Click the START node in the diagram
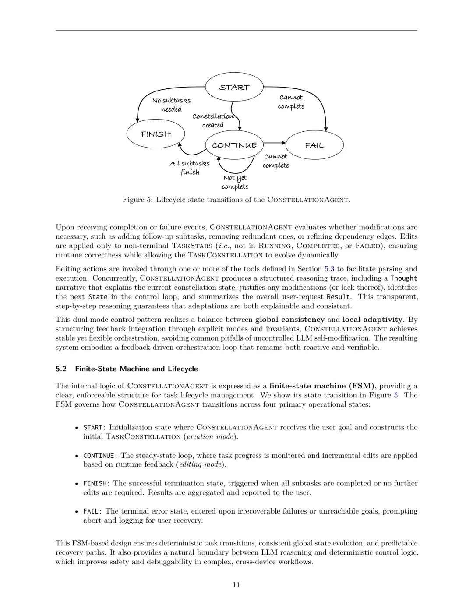234,87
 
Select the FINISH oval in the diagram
155,134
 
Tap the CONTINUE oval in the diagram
234,145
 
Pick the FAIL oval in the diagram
314,145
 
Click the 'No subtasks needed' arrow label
171,105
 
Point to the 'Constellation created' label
213,120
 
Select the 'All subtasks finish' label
190,168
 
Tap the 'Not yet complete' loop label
235,182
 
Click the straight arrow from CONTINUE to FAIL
274,143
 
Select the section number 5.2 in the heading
61,369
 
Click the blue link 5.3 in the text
329,269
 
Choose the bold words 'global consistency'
289,320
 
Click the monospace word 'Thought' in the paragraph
403,278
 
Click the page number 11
236,585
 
